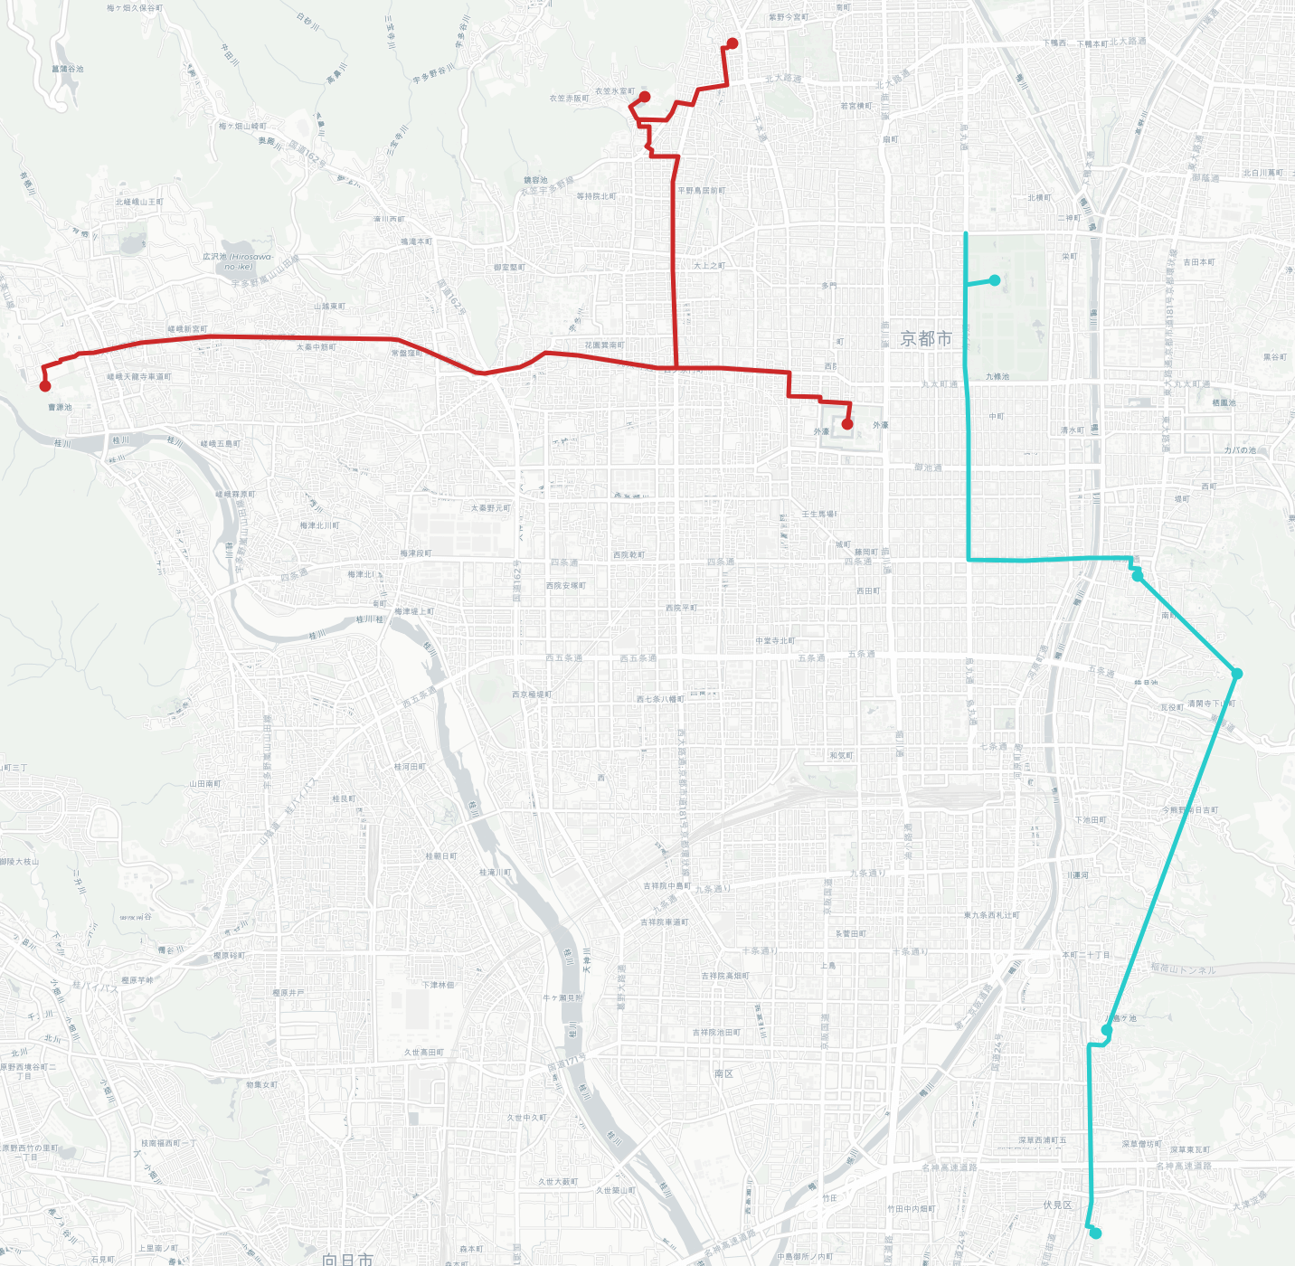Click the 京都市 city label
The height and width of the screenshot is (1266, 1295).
click(x=926, y=339)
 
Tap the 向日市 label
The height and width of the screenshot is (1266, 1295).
click(x=347, y=1259)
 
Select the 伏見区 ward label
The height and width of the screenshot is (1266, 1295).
click(x=1057, y=1205)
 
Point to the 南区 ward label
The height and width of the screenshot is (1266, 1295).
click(x=723, y=1073)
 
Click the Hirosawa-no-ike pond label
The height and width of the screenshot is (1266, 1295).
click(x=238, y=261)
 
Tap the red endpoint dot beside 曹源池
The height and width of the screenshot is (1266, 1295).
click(x=45, y=386)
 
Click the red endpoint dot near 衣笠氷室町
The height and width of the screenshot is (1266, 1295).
click(x=645, y=97)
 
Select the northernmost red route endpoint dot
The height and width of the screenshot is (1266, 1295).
click(x=733, y=43)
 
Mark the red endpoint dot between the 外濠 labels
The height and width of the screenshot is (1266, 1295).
click(x=847, y=424)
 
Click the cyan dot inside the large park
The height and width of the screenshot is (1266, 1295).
click(x=995, y=280)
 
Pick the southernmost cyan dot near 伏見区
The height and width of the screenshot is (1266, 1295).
click(x=1096, y=1233)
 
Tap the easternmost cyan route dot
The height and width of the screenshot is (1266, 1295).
click(x=1237, y=674)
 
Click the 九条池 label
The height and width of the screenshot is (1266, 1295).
click(x=997, y=376)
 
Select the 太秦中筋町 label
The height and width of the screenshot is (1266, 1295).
click(x=316, y=347)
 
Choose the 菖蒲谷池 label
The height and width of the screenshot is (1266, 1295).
click(x=68, y=69)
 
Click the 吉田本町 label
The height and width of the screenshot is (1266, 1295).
click(x=1199, y=262)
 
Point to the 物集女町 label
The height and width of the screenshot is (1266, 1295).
click(x=262, y=1084)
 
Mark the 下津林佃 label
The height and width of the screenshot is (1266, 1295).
click(x=438, y=985)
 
